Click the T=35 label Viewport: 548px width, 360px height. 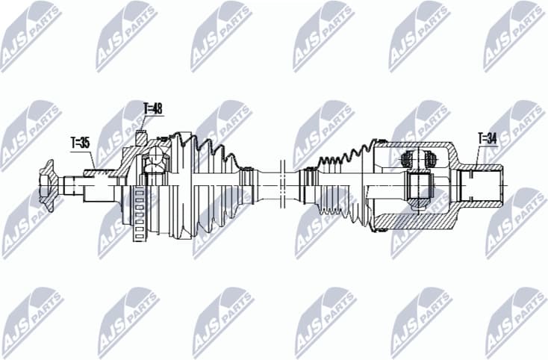tap(79, 142)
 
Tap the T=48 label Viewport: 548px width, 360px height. tap(152, 109)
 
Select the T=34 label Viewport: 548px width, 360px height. tap(487, 137)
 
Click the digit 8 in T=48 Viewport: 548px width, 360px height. tap(159, 109)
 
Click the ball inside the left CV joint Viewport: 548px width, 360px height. tap(155, 158)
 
